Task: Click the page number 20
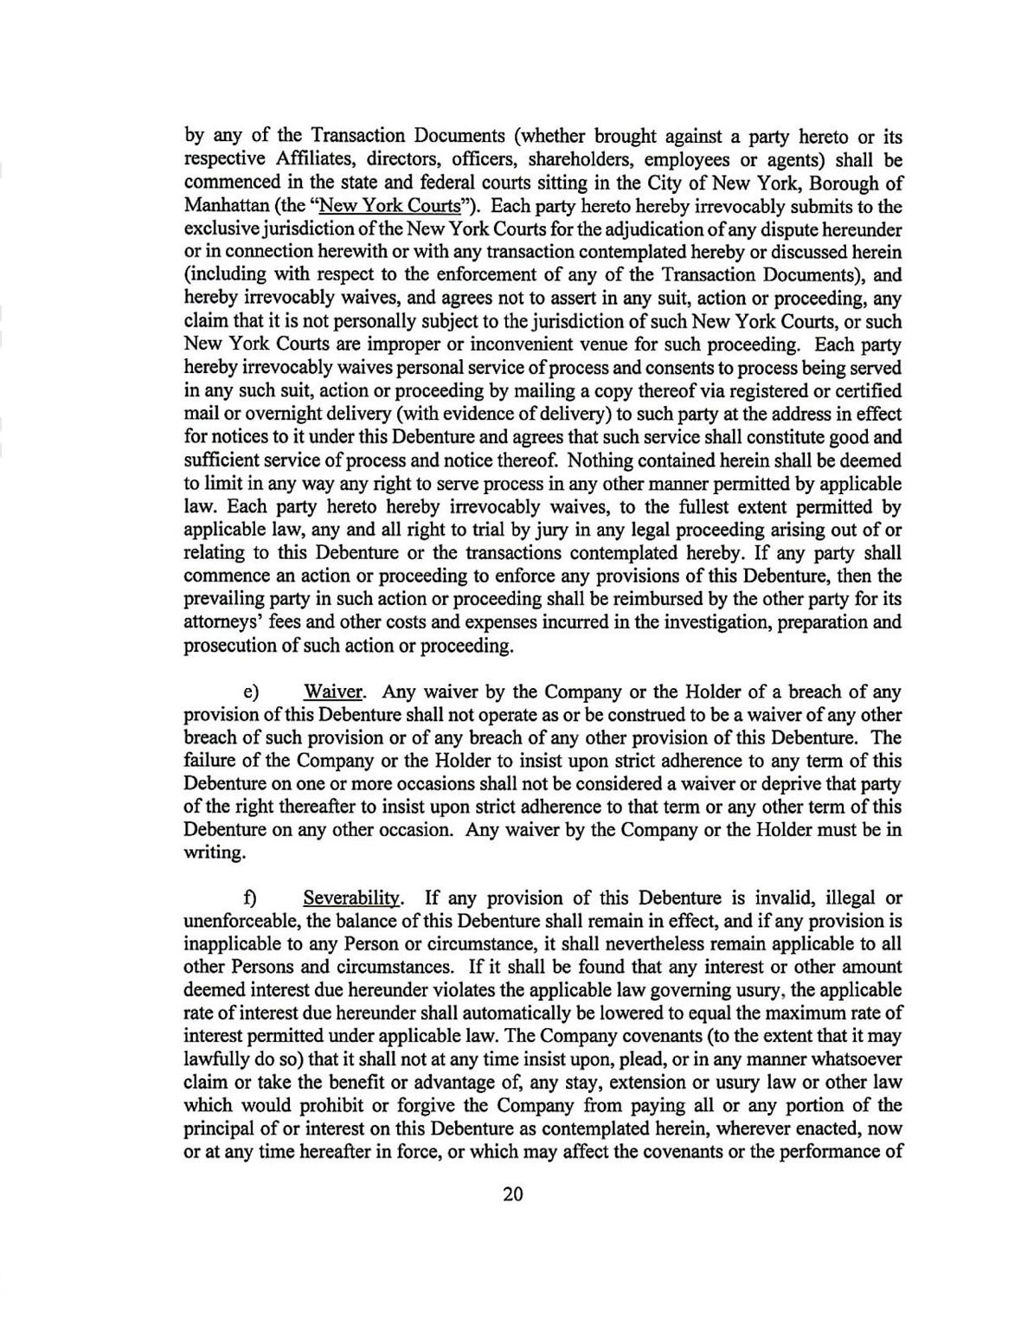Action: (512, 1195)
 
